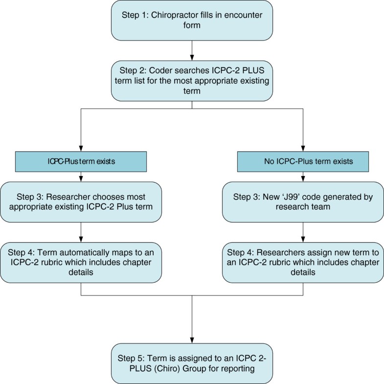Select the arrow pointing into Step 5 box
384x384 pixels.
tap(191, 338)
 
